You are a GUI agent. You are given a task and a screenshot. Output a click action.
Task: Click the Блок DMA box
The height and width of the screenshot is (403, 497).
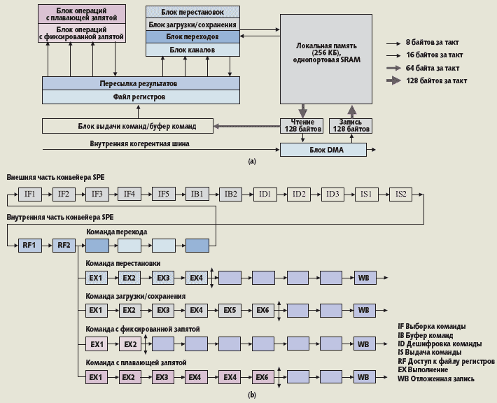click(x=322, y=150)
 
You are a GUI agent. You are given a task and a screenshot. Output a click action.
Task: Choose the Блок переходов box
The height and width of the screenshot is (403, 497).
click(x=192, y=37)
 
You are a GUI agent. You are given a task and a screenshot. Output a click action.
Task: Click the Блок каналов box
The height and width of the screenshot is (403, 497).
click(x=192, y=50)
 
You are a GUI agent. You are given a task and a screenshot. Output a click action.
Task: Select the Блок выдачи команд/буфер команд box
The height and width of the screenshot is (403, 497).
click(x=127, y=126)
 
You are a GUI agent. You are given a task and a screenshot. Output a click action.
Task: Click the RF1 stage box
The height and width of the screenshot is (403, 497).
click(x=29, y=245)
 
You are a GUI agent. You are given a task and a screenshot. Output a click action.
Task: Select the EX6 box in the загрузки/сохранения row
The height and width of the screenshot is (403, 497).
click(x=262, y=310)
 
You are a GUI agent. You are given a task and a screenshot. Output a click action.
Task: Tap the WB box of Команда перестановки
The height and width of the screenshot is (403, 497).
click(x=363, y=278)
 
